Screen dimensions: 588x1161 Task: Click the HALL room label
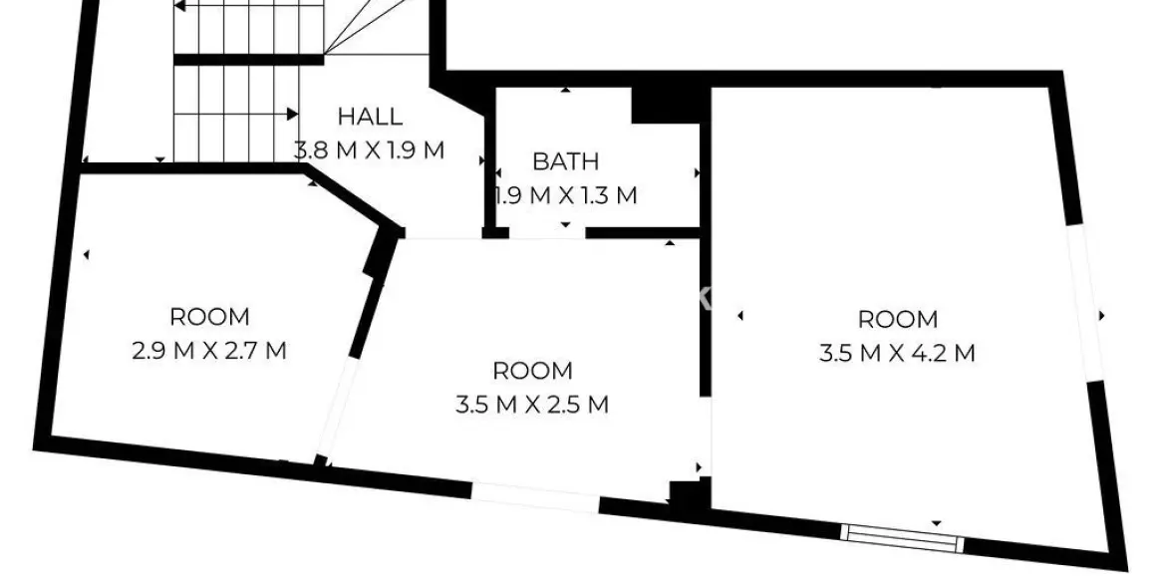pyautogui.click(x=370, y=117)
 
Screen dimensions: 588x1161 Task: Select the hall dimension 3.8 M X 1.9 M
pyautogui.click(x=369, y=151)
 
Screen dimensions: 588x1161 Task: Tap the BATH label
pyautogui.click(x=565, y=161)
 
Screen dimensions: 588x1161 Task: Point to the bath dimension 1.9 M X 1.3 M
pyautogui.click(x=567, y=195)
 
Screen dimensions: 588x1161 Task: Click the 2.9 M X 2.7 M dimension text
pyautogui.click(x=209, y=351)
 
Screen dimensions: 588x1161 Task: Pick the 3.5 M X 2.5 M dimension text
pyautogui.click(x=533, y=405)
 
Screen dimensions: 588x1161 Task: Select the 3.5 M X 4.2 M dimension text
pyautogui.click(x=898, y=353)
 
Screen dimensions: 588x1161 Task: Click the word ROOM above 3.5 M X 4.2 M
pyautogui.click(x=898, y=320)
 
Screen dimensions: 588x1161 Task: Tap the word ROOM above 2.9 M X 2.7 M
pyautogui.click(x=209, y=318)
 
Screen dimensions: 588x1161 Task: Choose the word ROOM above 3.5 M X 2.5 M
pyautogui.click(x=533, y=372)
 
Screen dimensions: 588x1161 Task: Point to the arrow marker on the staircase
pyautogui.click(x=292, y=114)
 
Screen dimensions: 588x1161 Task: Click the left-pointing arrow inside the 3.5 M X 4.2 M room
pyautogui.click(x=740, y=317)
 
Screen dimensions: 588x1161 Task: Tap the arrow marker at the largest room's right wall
pyautogui.click(x=1102, y=316)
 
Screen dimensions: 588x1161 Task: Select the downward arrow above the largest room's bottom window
pyautogui.click(x=937, y=522)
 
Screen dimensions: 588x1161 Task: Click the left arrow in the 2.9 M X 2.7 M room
pyautogui.click(x=86, y=255)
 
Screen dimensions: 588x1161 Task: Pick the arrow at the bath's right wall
pyautogui.click(x=697, y=172)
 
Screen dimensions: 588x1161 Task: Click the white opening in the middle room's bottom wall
pyautogui.click(x=535, y=496)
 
